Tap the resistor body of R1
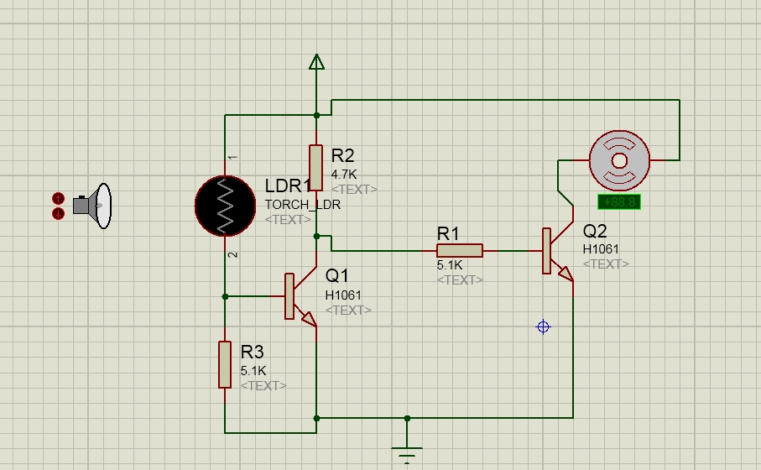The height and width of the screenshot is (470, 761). [460, 250]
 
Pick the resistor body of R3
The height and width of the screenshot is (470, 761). [225, 364]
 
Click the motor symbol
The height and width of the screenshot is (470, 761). [619, 159]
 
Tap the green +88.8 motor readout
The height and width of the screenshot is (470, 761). [619, 201]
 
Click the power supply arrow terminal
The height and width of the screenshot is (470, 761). [316, 62]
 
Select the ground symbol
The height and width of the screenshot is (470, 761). [407, 453]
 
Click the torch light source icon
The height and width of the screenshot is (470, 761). [91, 206]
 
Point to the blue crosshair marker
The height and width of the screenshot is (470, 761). [543, 327]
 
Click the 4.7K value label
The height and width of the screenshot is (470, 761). [345, 175]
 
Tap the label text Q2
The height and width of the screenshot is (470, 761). [595, 232]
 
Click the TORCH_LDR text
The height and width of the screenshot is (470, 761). [302, 204]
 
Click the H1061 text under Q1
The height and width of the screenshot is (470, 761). [343, 295]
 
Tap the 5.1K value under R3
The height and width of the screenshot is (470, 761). [253, 370]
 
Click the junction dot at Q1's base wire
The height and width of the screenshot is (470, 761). [225, 296]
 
